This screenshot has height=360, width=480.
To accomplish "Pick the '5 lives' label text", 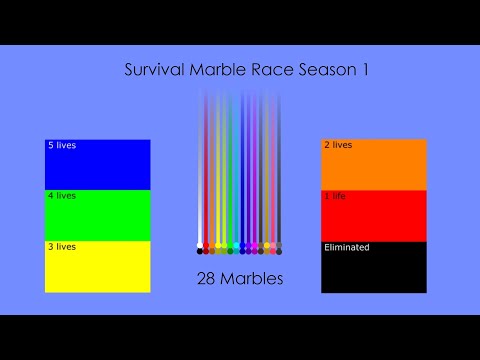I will pos(61,145).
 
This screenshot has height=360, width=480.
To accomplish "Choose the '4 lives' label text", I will pos(61,196).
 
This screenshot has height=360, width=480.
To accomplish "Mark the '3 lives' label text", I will pos(61,247).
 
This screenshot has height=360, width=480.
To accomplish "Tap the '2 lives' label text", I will pos(338,145).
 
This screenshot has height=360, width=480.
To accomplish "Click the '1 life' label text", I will pos(335,196).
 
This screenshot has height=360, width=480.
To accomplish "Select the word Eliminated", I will pos(347,247).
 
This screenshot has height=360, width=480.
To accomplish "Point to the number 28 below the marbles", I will pos(207,279).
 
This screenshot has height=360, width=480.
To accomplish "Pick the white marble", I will pos(201,245).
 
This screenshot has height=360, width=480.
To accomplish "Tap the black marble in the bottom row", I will pos(200,251).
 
